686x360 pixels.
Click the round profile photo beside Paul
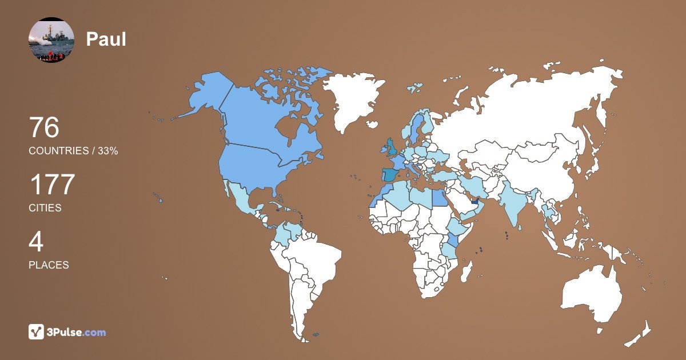point(51,39)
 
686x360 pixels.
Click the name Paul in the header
point(106,39)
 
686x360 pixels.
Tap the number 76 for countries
point(44,127)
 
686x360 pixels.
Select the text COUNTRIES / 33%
point(73,151)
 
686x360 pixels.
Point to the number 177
point(52,185)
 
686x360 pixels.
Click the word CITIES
point(45,208)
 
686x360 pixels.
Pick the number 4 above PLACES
point(36,242)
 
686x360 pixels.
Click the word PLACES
point(49,265)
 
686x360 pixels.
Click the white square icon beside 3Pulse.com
point(36,331)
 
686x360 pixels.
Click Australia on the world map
point(592,291)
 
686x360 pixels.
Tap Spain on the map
point(390,175)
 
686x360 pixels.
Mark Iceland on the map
point(414,89)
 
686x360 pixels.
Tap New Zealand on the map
point(640,334)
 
